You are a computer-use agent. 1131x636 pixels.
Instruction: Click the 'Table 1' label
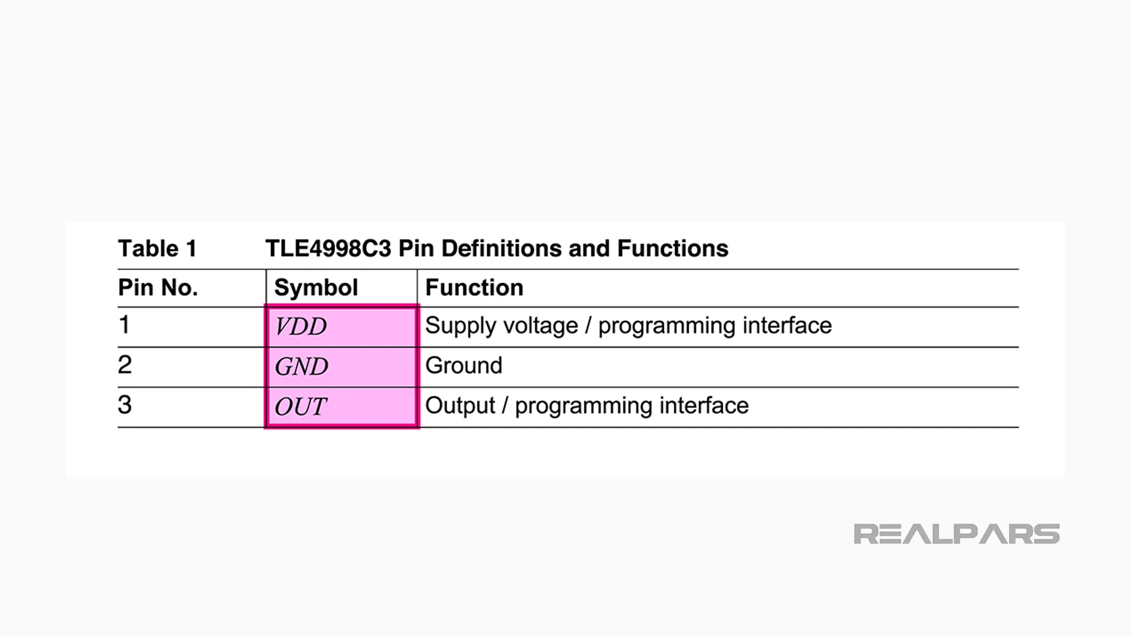pyautogui.click(x=157, y=249)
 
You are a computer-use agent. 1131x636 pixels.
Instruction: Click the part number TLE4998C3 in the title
pyautogui.click(x=328, y=249)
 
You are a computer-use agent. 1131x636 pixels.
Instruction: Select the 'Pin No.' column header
pyautogui.click(x=158, y=287)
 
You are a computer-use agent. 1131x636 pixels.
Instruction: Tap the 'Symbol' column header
pyautogui.click(x=316, y=287)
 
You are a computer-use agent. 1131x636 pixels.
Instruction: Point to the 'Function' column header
pyautogui.click(x=474, y=287)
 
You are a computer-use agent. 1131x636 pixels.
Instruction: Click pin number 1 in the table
pyautogui.click(x=124, y=324)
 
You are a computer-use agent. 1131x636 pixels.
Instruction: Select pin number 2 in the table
pyautogui.click(x=124, y=365)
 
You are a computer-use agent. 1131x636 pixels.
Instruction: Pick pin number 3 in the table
pyautogui.click(x=124, y=405)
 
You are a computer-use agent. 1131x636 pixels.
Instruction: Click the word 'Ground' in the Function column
pyautogui.click(x=464, y=366)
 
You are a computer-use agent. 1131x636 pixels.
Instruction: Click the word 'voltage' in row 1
pyautogui.click(x=540, y=326)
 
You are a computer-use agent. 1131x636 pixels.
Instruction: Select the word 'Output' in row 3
pyautogui.click(x=460, y=406)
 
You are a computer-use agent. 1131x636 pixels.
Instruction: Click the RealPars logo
pyautogui.click(x=957, y=534)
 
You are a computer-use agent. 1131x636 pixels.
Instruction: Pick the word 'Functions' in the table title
pyautogui.click(x=673, y=249)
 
